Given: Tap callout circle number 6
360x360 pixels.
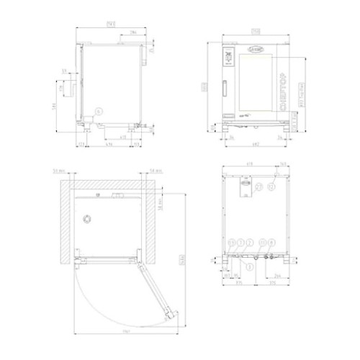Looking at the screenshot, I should click(x=99, y=111).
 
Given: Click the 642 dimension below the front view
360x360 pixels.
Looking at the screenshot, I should click(x=256, y=148).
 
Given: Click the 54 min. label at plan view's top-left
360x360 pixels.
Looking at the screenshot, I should click(x=60, y=172).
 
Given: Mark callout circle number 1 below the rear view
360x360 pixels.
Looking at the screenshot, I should click(x=250, y=266).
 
